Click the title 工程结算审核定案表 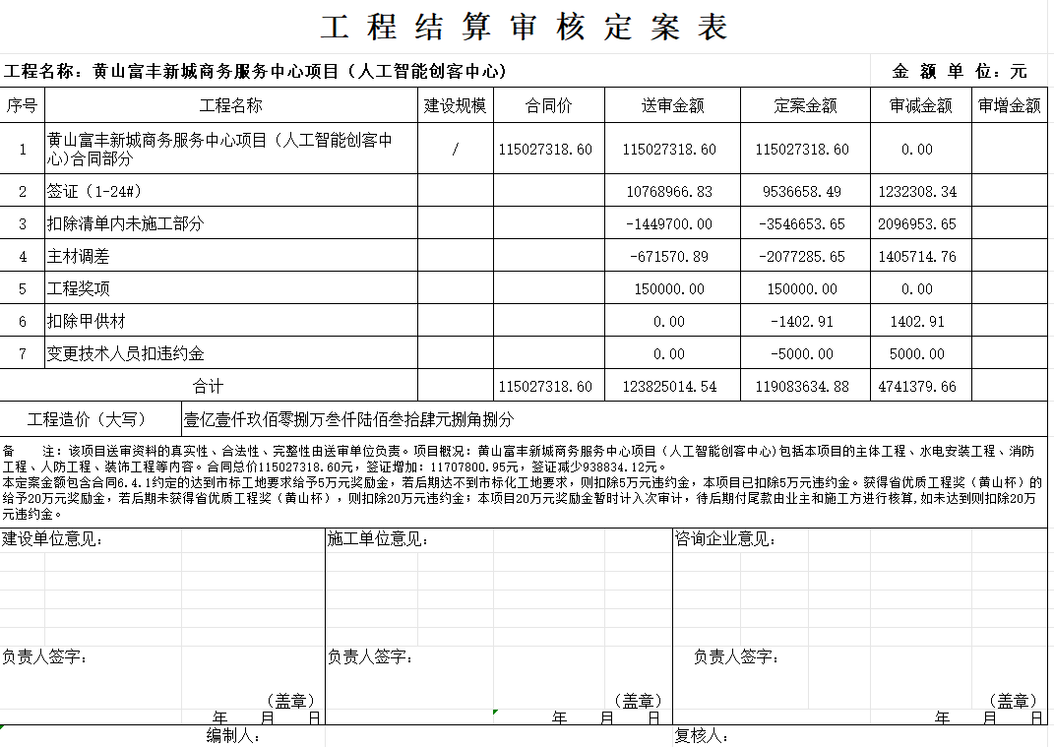(x=526, y=28)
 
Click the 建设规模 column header (x=455, y=106)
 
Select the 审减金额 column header (x=920, y=106)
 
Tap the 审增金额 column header (x=1010, y=106)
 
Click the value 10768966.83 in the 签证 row (x=669, y=192)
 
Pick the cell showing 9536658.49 (x=804, y=192)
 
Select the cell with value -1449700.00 (x=669, y=224)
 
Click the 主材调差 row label (x=79, y=257)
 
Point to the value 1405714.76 (x=917, y=257)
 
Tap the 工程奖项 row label (x=79, y=289)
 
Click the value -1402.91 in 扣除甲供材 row (x=804, y=322)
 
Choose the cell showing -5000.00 (x=804, y=354)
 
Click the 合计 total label (x=208, y=387)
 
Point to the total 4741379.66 (x=917, y=387)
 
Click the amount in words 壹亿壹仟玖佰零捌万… (x=349, y=419)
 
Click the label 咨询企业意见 (x=726, y=539)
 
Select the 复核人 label (x=701, y=736)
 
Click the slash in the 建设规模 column (x=455, y=150)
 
